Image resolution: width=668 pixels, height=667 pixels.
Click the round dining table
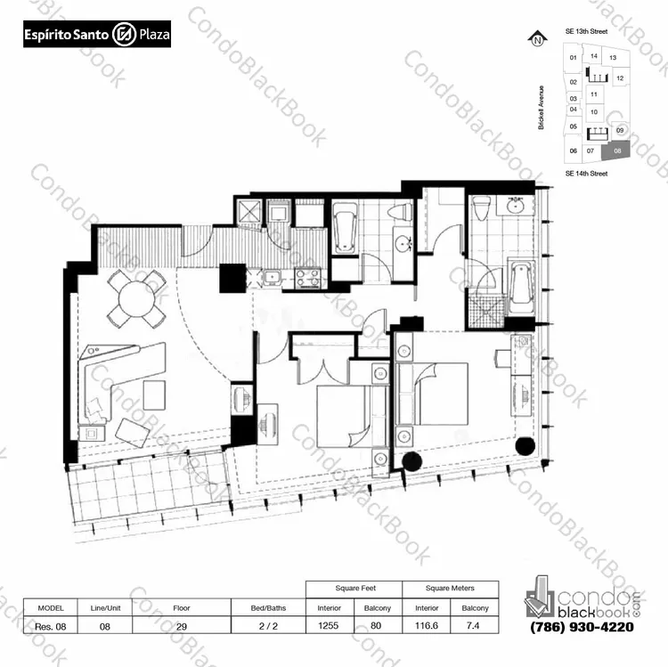pos(137,299)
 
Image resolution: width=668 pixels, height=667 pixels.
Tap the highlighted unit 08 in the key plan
pos(615,151)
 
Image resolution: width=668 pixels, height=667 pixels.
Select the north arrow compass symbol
pos(538,39)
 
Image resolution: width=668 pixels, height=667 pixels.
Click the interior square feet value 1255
pos(328,626)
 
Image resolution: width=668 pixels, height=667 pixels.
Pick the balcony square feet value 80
pos(376,626)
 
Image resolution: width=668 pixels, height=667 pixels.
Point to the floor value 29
pos(182,627)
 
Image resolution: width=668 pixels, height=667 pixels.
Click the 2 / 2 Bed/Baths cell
pos(268,626)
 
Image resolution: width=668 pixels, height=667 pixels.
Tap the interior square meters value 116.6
pos(427,626)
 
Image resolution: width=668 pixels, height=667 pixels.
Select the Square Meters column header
pos(450,589)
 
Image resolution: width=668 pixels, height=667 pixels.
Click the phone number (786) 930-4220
pos(582,627)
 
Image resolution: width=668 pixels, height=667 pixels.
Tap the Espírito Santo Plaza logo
pos(97,34)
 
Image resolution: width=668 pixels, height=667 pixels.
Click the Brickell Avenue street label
pos(541,108)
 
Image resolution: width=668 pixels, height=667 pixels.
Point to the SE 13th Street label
pos(586,31)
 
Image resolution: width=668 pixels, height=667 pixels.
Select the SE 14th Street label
pos(586,174)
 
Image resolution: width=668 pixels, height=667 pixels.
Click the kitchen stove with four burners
pos(307,278)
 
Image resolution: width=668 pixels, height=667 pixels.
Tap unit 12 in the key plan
pos(620,78)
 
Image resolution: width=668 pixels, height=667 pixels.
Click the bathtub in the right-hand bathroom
pos(521,283)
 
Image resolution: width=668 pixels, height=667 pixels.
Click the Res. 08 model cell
pos(50,627)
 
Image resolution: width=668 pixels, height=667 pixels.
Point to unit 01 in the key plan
pos(573,58)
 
